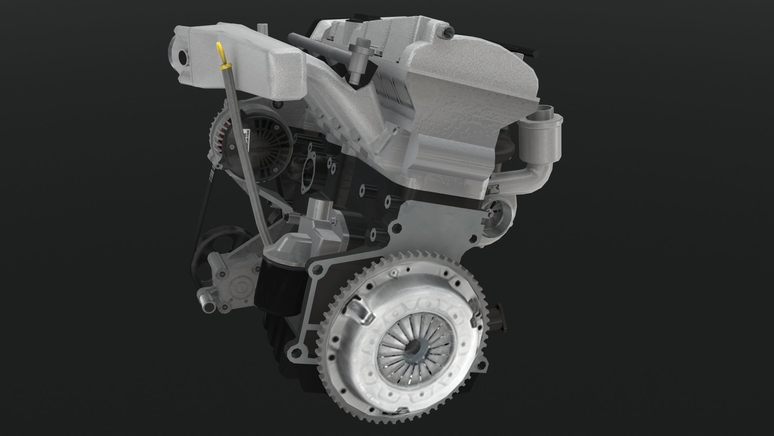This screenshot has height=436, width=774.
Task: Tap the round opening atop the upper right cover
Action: pyautogui.click(x=446, y=32)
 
